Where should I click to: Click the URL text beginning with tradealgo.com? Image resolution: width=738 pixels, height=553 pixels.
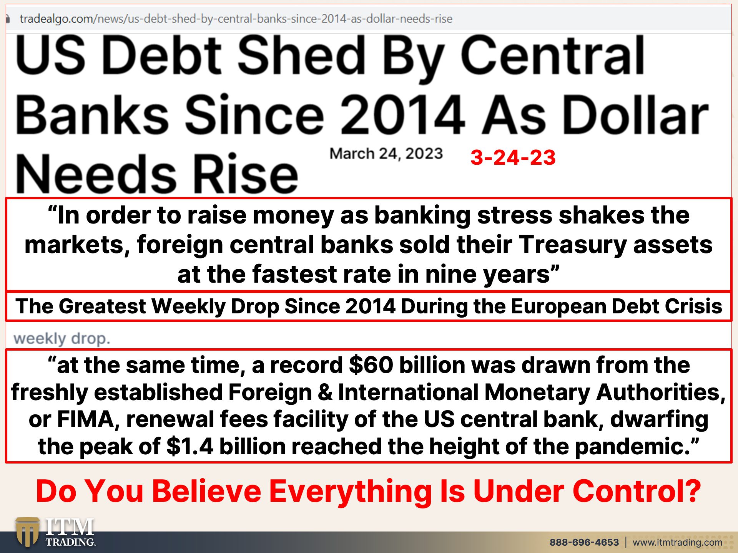[x=236, y=18]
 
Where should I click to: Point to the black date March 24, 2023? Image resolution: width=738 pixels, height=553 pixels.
[x=386, y=154]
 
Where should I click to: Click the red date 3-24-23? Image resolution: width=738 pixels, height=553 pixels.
[x=513, y=157]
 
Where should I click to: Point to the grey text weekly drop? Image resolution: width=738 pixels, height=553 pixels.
[x=62, y=339]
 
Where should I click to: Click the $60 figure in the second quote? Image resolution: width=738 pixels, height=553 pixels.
[x=371, y=365]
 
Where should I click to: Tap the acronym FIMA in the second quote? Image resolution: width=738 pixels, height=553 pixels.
[x=86, y=419]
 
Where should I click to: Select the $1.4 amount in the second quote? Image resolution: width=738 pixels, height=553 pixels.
[x=190, y=446]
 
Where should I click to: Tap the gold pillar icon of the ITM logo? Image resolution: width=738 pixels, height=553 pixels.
[x=27, y=532]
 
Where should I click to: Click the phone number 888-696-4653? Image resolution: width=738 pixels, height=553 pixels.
[x=584, y=542]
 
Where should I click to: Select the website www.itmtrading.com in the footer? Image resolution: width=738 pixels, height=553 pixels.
[x=677, y=542]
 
